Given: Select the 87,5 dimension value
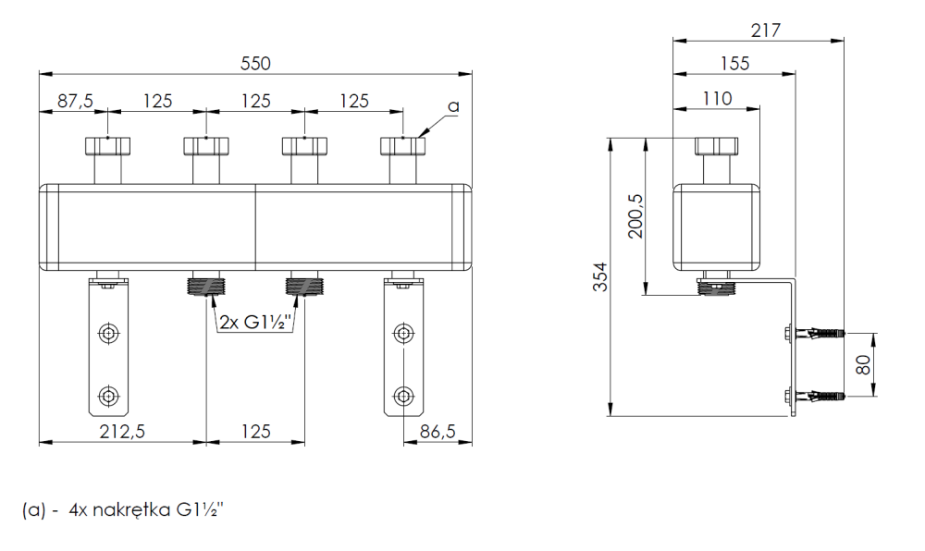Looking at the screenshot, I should (x=74, y=101).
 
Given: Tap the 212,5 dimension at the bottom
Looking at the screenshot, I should (x=122, y=431).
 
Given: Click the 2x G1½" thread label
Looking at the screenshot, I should (x=256, y=323).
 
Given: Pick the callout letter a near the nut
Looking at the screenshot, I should (x=452, y=107).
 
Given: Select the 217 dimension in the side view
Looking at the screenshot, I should (x=767, y=30).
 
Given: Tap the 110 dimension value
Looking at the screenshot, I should (x=716, y=98).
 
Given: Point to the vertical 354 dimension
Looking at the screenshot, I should (x=600, y=277).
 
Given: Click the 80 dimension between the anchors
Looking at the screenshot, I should (x=863, y=363).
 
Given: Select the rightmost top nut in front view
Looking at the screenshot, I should (x=403, y=146).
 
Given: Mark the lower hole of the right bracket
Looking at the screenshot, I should (x=403, y=397).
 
